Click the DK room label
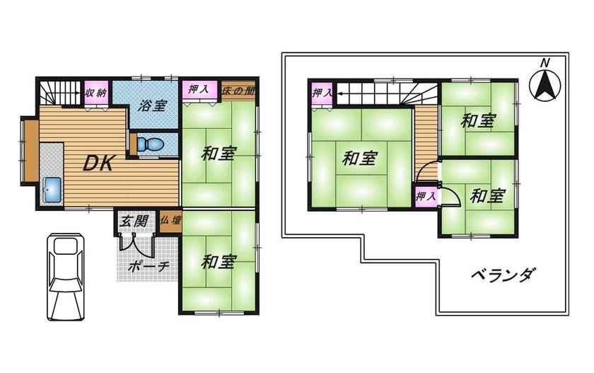[x=98, y=163]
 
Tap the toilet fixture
[x=151, y=144]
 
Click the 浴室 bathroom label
[x=152, y=105]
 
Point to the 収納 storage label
[x=96, y=92]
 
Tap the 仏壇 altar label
[x=170, y=220]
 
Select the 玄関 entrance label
[x=134, y=221]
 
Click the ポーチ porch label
[x=147, y=267]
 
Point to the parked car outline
[x=65, y=277]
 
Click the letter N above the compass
[x=544, y=63]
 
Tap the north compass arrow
[x=544, y=86]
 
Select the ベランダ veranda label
[x=503, y=274]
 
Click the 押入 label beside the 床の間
[x=199, y=90]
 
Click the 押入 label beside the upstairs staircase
[x=322, y=92]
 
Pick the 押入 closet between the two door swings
[x=426, y=196]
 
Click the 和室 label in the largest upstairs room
[x=359, y=159]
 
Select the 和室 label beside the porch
[x=219, y=262]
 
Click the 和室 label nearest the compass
[x=478, y=121]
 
